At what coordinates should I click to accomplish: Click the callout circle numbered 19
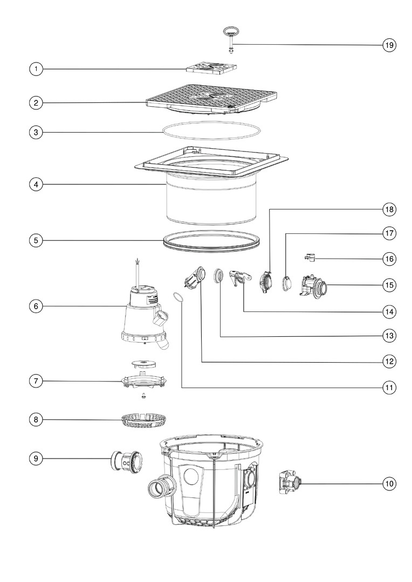point(389,45)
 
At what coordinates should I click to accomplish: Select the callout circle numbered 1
point(36,69)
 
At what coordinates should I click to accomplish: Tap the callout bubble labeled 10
point(389,484)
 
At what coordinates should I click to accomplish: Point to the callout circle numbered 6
point(36,306)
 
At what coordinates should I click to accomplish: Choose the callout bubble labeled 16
point(389,259)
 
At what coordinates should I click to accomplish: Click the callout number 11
point(389,387)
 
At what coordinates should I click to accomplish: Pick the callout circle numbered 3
point(36,131)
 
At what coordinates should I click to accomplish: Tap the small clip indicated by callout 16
point(310,258)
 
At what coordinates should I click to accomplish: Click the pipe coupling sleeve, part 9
point(125,461)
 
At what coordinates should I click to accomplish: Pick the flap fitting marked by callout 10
point(288,483)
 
